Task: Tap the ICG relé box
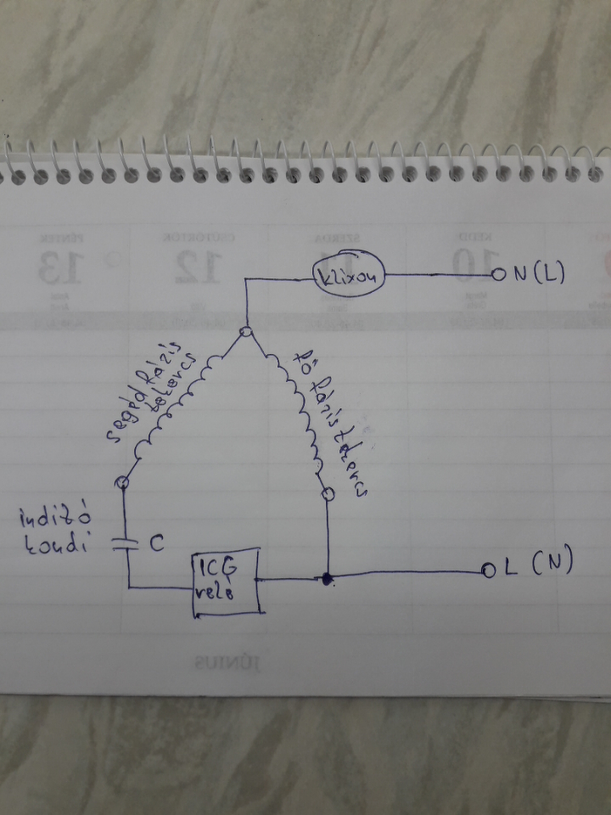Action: (x=225, y=581)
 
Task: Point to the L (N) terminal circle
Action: (x=486, y=570)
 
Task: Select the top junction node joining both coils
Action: (x=247, y=332)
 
